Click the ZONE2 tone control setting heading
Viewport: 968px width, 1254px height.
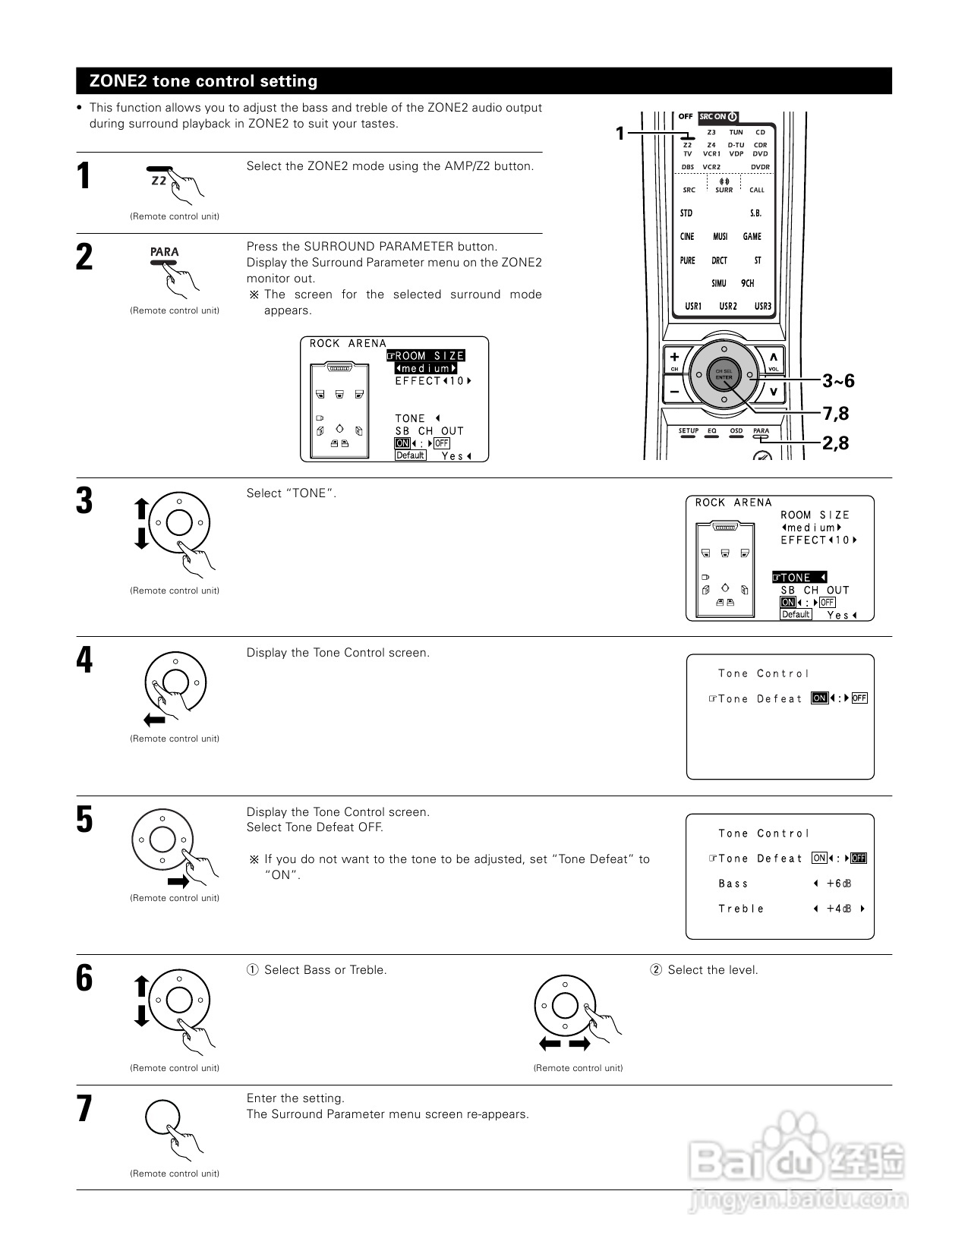pyautogui.click(x=203, y=81)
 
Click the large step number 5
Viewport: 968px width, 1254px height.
pyautogui.click(x=84, y=820)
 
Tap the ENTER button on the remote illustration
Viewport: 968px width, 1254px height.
pyautogui.click(x=724, y=374)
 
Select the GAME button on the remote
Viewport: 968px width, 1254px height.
pyautogui.click(x=752, y=237)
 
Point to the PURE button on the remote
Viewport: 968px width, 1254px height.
pyautogui.click(x=687, y=260)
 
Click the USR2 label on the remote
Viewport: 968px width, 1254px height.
pyautogui.click(x=727, y=307)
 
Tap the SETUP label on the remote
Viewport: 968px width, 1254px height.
pyautogui.click(x=688, y=431)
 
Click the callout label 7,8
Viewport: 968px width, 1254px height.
pyautogui.click(x=835, y=414)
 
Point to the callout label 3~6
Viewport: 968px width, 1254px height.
pyautogui.click(x=838, y=381)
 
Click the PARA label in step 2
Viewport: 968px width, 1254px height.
pyautogui.click(x=164, y=252)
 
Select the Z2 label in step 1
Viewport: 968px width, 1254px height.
pyautogui.click(x=159, y=181)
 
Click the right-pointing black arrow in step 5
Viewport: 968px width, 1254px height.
pyautogui.click(x=178, y=881)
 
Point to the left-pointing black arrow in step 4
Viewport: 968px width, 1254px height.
pyautogui.click(x=154, y=719)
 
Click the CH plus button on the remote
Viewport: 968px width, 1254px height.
pyautogui.click(x=674, y=358)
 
